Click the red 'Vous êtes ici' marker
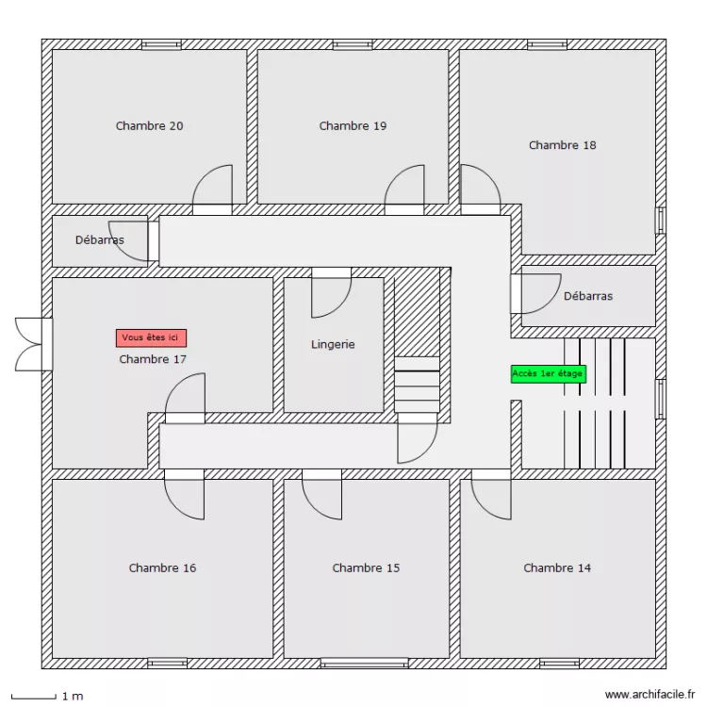[x=151, y=337]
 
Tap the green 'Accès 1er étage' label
[x=548, y=373]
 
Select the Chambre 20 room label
[x=149, y=125]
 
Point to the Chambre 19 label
[x=353, y=125]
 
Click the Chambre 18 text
[x=562, y=145]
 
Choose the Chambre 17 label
[x=153, y=359]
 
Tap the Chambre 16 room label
[x=162, y=567]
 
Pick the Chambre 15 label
[x=366, y=567]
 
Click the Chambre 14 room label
[x=557, y=567]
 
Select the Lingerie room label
[x=333, y=344]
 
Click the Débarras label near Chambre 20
[x=99, y=239]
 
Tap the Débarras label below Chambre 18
[x=587, y=296]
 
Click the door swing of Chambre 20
[x=213, y=187]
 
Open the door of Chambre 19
[x=404, y=187]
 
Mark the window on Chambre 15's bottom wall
[x=364, y=663]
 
